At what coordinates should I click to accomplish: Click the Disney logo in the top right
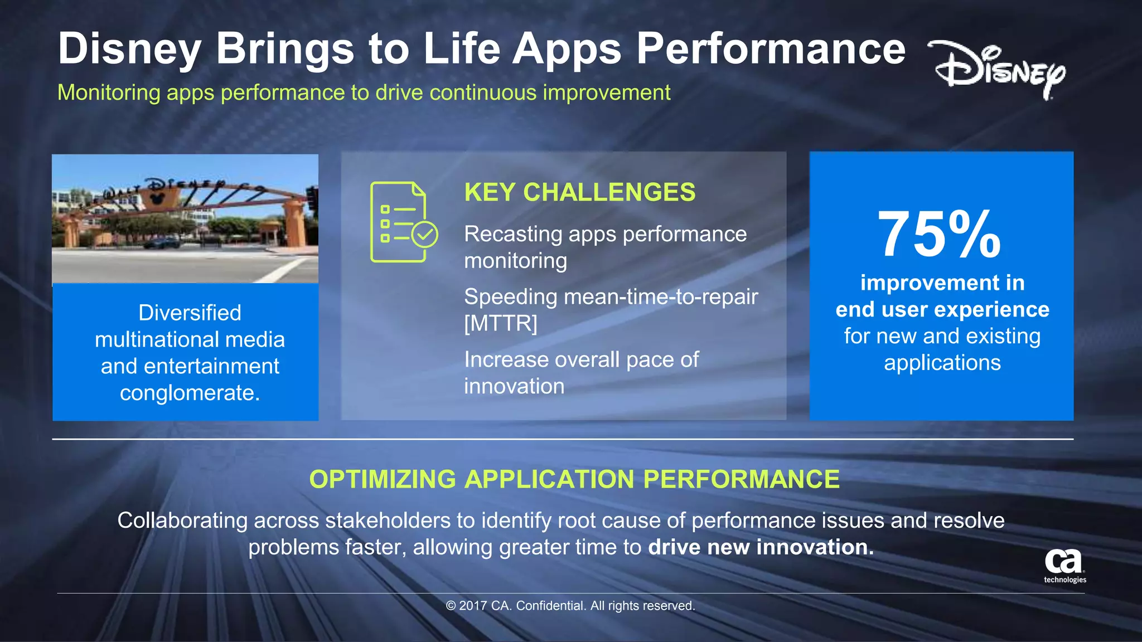tap(998, 70)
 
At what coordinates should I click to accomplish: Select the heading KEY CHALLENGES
tap(579, 192)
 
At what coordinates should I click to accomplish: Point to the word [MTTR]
tap(500, 323)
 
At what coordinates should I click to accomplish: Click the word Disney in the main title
tap(129, 49)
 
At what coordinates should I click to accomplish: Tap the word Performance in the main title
tap(771, 49)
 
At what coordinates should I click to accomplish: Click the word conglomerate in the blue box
tap(190, 393)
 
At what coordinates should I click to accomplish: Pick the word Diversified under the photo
tap(190, 313)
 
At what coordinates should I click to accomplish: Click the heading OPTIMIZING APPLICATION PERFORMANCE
tap(574, 479)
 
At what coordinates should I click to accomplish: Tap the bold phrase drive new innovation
tap(761, 547)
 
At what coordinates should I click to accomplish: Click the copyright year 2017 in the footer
tap(473, 606)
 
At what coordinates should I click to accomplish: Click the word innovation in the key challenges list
tap(514, 386)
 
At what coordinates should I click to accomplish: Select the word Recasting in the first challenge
tap(513, 234)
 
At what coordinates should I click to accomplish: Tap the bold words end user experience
tap(942, 309)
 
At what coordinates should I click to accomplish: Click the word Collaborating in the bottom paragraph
tap(182, 521)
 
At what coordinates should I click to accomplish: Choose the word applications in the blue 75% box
tap(942, 363)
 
